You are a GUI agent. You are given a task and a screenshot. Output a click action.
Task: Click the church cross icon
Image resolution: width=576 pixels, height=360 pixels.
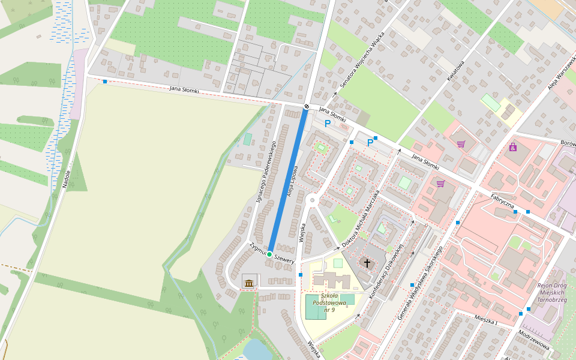367,263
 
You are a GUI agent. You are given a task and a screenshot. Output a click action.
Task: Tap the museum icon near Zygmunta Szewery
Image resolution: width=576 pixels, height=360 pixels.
248,283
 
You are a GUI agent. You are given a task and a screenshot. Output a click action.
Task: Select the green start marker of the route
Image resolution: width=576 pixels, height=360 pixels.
269,254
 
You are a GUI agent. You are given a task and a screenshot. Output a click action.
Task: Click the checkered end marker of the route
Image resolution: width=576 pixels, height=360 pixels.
306,106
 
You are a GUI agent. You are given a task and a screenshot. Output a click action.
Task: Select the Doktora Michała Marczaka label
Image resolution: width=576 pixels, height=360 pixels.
361,219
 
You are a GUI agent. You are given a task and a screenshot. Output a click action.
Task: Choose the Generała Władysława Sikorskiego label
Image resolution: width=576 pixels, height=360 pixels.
421,282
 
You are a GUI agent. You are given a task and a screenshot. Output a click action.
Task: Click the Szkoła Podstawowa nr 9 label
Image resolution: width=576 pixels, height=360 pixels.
329,302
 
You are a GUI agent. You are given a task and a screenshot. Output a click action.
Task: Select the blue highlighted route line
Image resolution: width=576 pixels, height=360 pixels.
288,180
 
